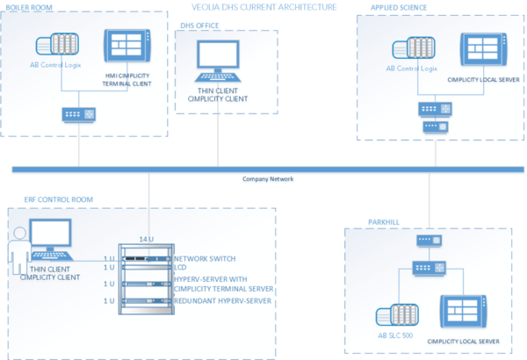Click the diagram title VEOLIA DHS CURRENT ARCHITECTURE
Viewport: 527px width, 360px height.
click(263, 6)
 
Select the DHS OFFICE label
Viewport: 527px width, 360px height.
click(199, 26)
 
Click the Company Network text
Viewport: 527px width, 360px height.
click(268, 179)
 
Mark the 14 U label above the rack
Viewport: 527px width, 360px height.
click(147, 240)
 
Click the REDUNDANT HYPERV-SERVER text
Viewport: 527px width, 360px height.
click(222, 301)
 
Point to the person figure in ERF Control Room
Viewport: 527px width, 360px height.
click(17, 252)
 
